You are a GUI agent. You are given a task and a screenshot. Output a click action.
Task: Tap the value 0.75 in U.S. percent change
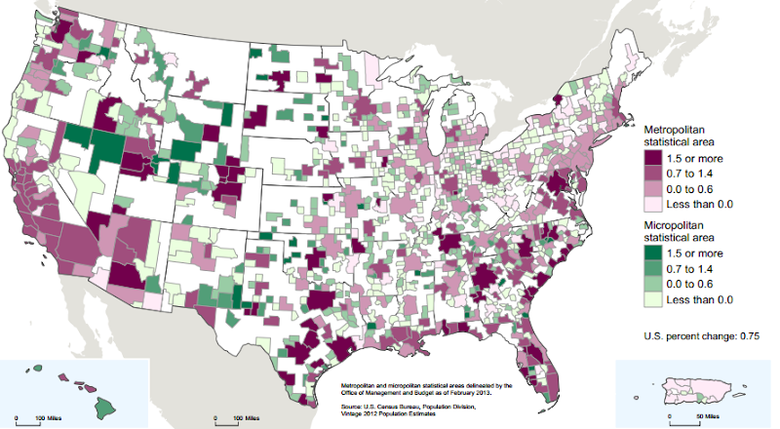745,335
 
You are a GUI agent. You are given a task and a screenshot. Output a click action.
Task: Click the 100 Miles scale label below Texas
246,417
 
